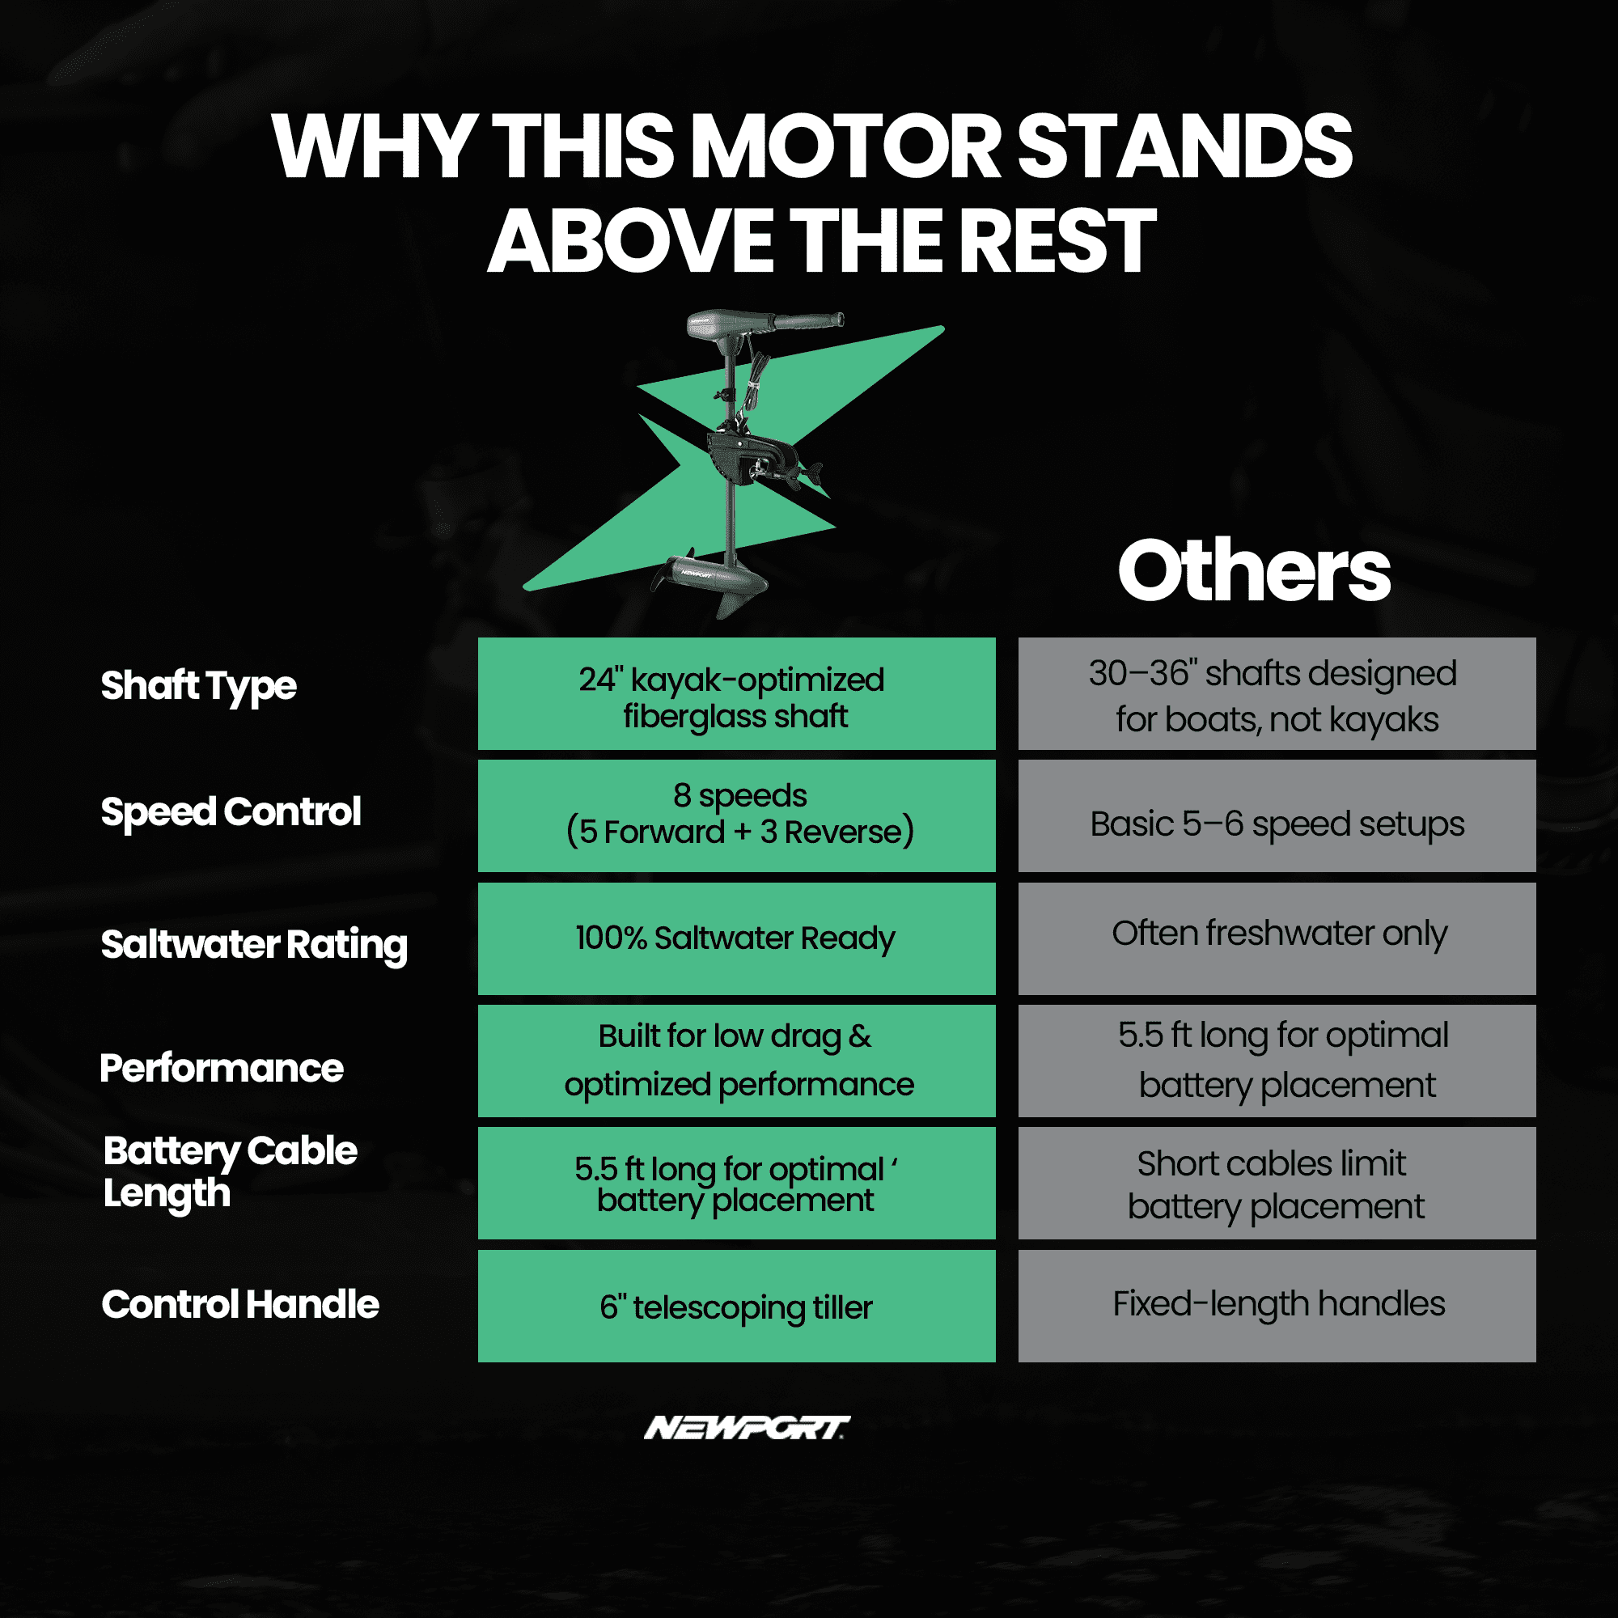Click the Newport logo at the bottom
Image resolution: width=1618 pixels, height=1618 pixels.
click(747, 1428)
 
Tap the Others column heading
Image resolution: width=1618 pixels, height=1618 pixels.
click(1254, 571)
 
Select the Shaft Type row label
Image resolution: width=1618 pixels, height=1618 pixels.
click(198, 687)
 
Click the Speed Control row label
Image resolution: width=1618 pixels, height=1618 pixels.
click(231, 811)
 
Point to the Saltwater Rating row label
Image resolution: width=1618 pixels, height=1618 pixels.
click(254, 945)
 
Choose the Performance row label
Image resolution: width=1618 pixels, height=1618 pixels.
click(222, 1068)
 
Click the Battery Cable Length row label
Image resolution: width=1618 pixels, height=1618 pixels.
click(231, 1172)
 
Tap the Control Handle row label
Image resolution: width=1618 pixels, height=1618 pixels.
click(240, 1304)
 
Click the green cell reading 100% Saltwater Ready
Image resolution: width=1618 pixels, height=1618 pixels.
click(737, 938)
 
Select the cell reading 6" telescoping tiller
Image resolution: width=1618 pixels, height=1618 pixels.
click(737, 1307)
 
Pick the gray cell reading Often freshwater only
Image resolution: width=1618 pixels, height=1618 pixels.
click(1277, 938)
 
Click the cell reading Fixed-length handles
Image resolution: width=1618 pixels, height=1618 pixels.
click(1277, 1307)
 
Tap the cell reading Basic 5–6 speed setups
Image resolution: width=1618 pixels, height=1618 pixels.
click(1277, 815)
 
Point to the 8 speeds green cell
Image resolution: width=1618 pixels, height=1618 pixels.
click(737, 815)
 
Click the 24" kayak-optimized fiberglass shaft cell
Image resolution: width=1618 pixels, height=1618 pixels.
click(737, 693)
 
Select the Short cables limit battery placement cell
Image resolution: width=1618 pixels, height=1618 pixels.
click(1277, 1184)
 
